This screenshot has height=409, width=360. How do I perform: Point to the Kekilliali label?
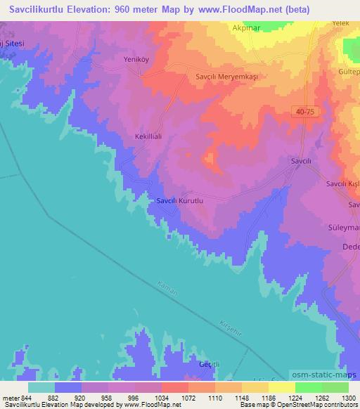[148, 138]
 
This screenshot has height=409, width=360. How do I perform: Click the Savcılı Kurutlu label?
[179, 201]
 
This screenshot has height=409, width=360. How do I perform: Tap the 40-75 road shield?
[304, 112]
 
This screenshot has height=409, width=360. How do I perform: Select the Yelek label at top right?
[341, 23]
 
